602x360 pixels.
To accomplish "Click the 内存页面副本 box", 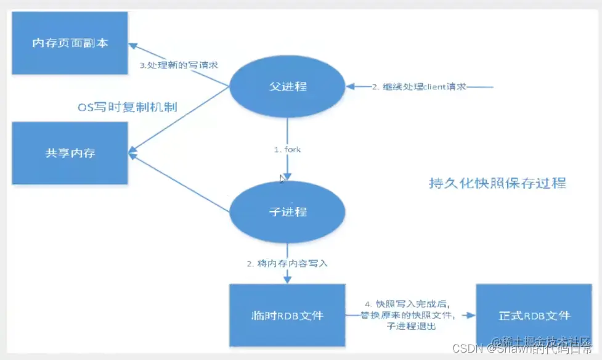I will pos(70,43).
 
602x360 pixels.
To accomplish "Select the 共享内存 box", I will pos(70,153).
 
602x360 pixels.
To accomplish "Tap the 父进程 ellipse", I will pos(288,86).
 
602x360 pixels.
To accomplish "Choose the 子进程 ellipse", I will pos(288,212).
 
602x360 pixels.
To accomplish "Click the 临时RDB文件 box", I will pos(288,316).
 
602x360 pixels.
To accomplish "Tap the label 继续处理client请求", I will pos(419,87).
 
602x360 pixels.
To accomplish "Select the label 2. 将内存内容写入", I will pos(287,263).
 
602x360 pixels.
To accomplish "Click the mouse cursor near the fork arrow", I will pos(282,178).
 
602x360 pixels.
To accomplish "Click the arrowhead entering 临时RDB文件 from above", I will pos(288,280).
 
